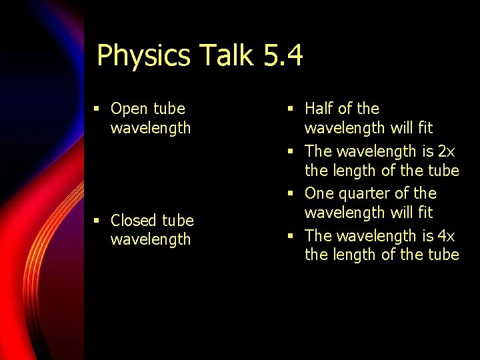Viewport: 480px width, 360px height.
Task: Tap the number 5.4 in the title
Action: pyautogui.click(x=283, y=55)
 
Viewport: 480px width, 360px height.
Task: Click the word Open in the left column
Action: pyautogui.click(x=129, y=109)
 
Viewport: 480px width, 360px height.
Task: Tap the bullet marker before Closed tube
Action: pyautogui.click(x=97, y=221)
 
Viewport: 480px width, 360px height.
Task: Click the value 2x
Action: pyautogui.click(x=447, y=151)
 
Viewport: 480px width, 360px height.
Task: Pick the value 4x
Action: pyautogui.click(x=447, y=236)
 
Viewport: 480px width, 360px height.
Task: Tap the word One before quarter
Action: pyautogui.click(x=319, y=194)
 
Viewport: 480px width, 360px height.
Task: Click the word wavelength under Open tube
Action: pyautogui.click(x=151, y=128)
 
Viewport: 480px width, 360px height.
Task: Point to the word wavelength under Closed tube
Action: pyautogui.click(x=151, y=239)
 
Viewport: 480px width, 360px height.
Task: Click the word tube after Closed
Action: pyautogui.click(x=179, y=221)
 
